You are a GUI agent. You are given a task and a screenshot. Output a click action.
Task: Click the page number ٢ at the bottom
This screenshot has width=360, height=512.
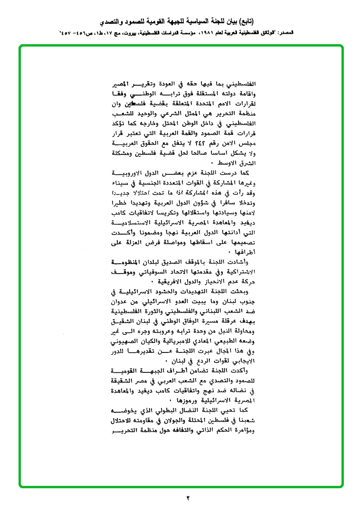(188, 498)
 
